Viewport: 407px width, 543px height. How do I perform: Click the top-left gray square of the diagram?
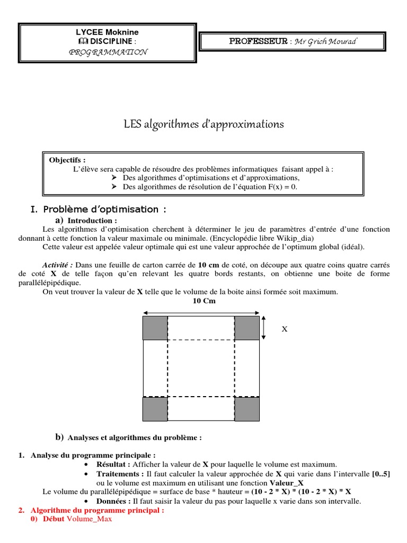(155, 328)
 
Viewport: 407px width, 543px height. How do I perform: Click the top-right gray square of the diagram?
(247, 328)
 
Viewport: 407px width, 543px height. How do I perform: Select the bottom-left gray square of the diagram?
(155, 409)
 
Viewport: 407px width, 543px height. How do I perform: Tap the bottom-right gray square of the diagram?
(247, 409)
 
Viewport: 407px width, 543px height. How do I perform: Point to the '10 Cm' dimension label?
(201, 301)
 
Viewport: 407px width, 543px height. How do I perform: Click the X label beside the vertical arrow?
(284, 329)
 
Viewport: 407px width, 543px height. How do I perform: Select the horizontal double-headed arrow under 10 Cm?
(201, 311)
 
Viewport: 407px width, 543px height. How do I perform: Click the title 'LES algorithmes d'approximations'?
(203, 124)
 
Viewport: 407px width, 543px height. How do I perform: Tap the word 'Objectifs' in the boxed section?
(67, 160)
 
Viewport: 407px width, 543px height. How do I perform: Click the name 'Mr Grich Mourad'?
(326, 42)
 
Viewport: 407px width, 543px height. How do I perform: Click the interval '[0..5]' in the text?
(381, 474)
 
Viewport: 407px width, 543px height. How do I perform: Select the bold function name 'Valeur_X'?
(287, 483)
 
